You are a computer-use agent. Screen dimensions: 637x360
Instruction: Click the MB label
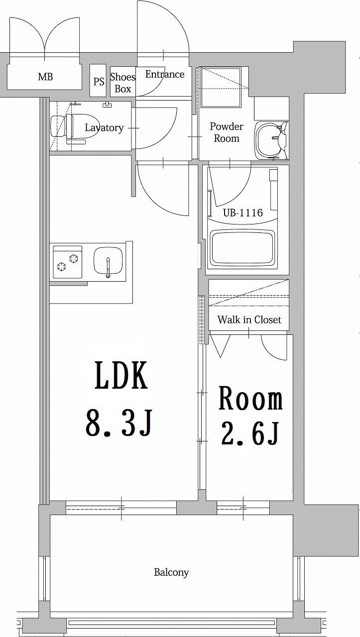45,77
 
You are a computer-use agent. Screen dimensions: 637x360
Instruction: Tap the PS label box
99,81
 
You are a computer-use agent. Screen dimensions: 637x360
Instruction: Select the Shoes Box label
122,83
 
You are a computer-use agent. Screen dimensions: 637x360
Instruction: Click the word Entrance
164,74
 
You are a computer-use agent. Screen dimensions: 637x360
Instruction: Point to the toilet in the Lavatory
67,127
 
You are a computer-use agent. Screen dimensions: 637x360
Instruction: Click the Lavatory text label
104,128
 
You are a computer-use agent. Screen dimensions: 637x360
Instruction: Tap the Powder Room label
227,132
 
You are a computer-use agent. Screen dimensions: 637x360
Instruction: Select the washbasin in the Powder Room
269,140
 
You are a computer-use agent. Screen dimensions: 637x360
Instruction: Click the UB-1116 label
242,213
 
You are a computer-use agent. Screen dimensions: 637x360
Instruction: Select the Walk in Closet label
249,319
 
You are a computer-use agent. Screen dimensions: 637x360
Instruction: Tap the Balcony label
171,572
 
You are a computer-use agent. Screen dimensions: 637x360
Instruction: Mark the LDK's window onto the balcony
121,508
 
